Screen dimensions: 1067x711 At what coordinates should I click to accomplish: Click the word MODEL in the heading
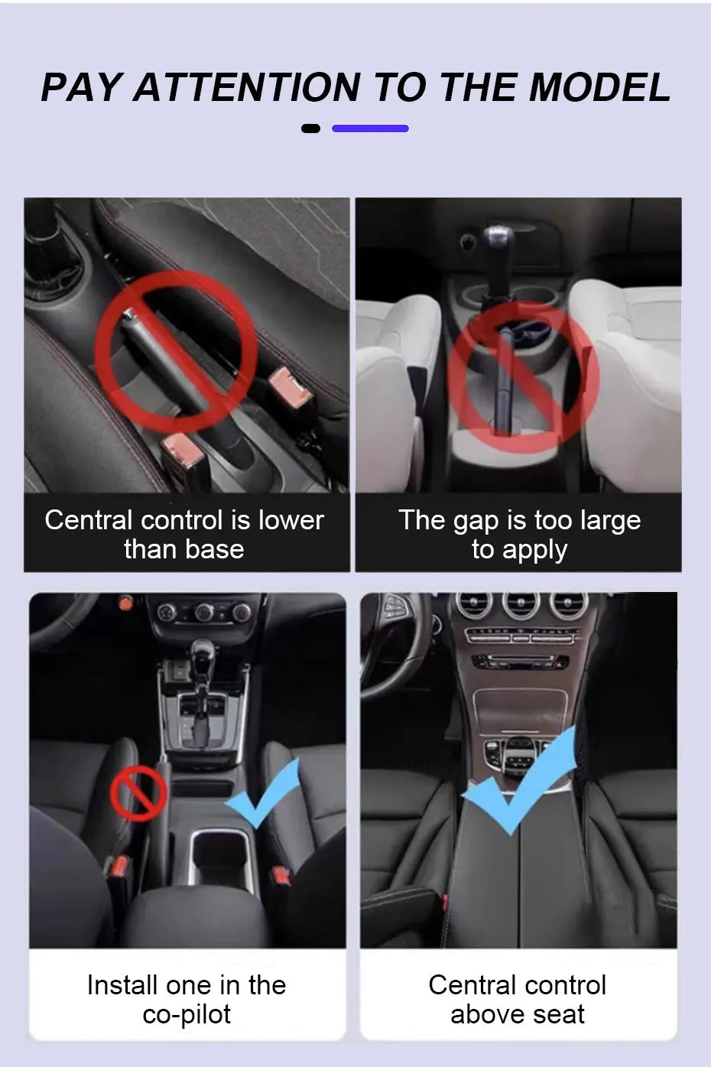coord(600,87)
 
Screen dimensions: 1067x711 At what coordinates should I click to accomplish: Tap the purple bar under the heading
coord(370,128)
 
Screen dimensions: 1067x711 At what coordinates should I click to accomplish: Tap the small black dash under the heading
coord(310,128)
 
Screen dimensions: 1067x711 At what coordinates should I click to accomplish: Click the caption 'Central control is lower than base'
coord(184,534)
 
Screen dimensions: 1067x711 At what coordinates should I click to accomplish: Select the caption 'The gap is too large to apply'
coord(519,534)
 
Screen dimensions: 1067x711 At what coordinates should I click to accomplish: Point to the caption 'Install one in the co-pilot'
coord(187,999)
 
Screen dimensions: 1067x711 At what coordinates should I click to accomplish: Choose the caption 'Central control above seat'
coord(518,999)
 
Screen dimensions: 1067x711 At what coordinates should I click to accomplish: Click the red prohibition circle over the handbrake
coord(175,351)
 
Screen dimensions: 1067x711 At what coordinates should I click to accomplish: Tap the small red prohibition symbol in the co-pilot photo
coord(138,792)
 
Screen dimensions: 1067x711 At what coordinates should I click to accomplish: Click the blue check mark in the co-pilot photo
coord(263,795)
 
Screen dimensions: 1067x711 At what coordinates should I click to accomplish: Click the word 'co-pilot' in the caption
coord(187,1014)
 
